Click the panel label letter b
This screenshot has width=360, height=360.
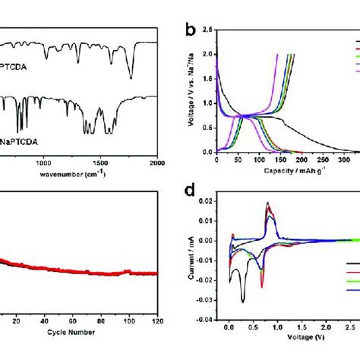192,32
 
